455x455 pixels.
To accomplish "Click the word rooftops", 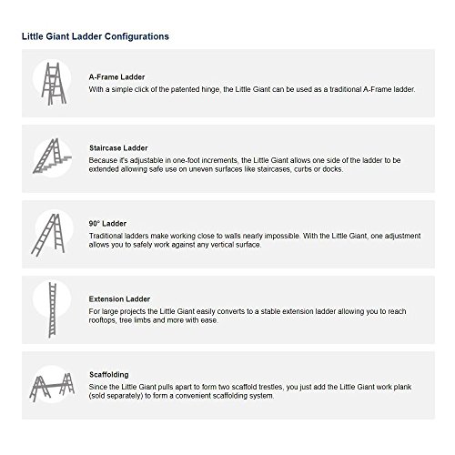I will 106,319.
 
